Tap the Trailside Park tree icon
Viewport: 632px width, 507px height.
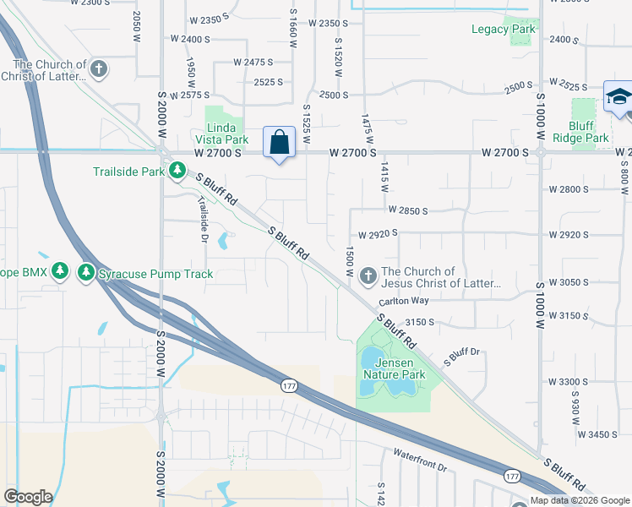click(177, 172)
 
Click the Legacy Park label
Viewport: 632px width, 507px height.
click(504, 29)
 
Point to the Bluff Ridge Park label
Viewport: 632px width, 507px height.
click(581, 132)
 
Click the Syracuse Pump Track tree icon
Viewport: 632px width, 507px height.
click(86, 273)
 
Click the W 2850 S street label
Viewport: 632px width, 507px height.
click(408, 210)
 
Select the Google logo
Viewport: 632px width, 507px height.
click(29, 497)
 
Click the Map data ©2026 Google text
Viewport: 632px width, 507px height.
click(580, 500)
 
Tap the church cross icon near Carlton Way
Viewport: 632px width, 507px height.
click(368, 275)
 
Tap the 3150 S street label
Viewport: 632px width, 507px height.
click(419, 322)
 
